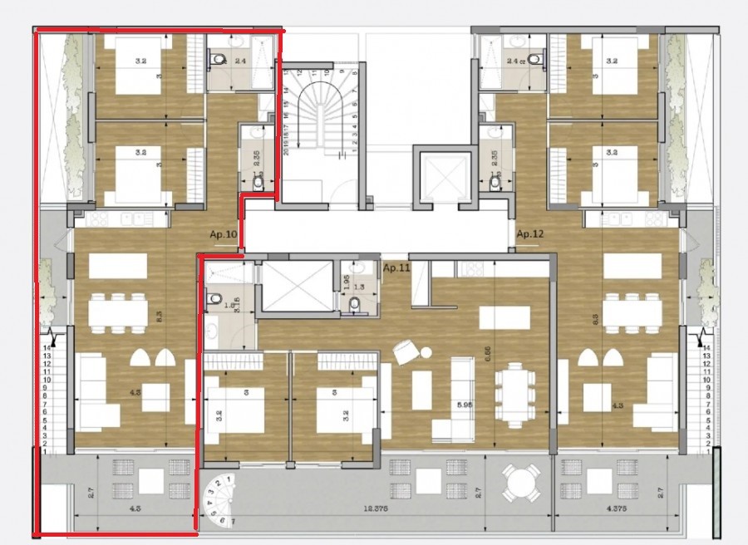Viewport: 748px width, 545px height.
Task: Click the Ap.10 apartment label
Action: tap(225, 235)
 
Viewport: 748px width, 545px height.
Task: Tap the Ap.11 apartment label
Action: tap(398, 268)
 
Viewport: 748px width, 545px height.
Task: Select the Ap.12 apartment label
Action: tap(529, 234)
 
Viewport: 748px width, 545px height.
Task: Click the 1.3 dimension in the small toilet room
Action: tap(357, 287)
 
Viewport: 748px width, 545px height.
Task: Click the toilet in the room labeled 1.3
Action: tap(355, 305)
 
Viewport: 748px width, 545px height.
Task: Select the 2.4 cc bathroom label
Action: tap(518, 60)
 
